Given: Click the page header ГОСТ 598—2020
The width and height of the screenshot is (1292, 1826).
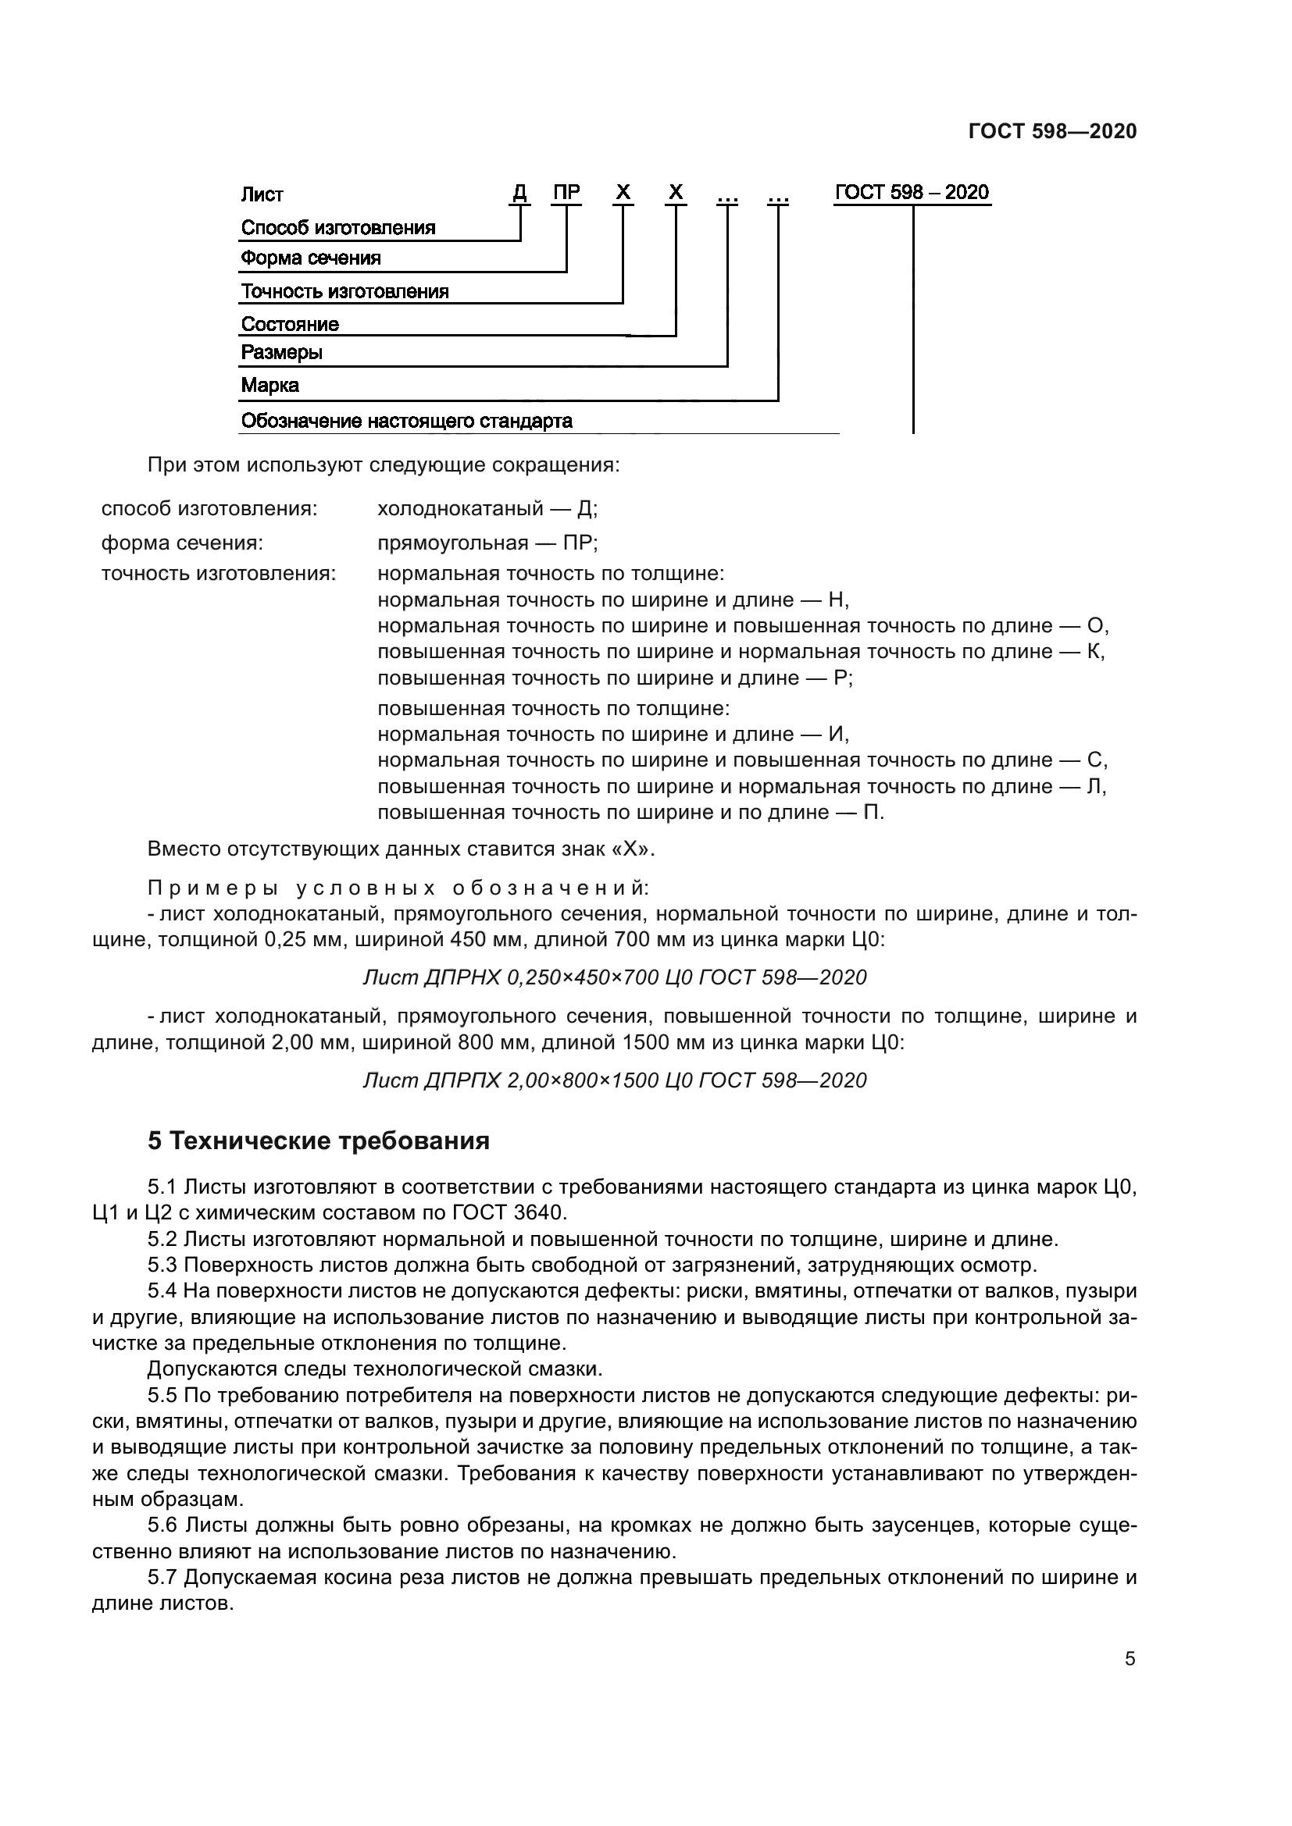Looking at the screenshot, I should click(1051, 131).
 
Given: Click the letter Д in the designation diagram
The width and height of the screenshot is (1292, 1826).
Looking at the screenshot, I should click(519, 193).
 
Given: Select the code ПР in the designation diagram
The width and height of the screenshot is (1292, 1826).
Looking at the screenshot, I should click(566, 193).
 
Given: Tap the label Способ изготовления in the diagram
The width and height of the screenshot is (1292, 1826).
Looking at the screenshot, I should click(338, 228).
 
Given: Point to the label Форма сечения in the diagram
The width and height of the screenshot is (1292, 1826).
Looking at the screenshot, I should click(310, 258).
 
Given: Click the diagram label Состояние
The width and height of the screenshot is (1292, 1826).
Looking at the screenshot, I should click(290, 325).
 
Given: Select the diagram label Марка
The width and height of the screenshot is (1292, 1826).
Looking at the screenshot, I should click(269, 386).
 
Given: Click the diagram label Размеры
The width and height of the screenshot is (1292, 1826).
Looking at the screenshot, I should click(281, 352).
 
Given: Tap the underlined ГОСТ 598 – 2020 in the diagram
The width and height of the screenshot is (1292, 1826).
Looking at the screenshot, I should click(912, 193).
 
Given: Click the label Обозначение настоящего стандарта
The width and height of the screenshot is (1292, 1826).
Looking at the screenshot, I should click(405, 422).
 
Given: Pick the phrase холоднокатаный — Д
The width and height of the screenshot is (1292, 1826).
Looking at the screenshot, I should click(487, 509).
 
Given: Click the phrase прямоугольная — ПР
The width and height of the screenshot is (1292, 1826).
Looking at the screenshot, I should click(487, 543).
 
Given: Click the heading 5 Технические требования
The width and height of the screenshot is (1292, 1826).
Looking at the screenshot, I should click(318, 1141).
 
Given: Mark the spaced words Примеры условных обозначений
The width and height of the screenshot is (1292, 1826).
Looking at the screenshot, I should click(398, 888).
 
